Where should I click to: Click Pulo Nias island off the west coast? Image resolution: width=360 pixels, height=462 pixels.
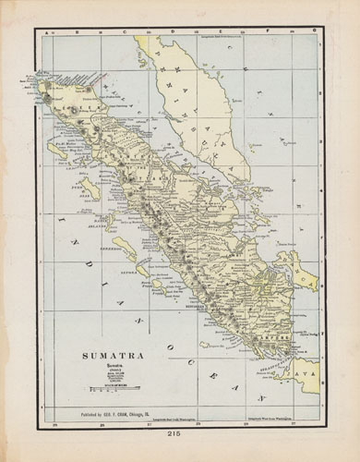pos(90,188)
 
